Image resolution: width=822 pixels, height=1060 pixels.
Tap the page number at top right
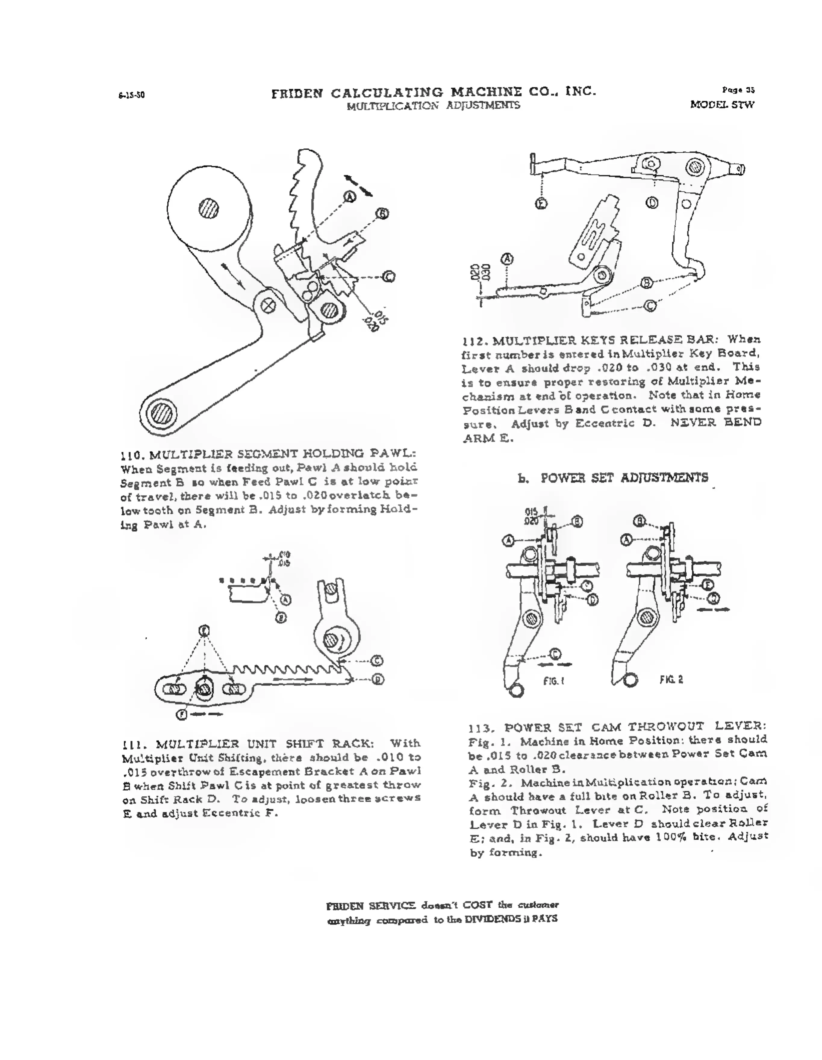[x=738, y=90]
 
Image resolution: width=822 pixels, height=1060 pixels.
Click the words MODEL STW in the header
[x=722, y=105]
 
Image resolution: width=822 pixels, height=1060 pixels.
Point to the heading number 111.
[x=132, y=744]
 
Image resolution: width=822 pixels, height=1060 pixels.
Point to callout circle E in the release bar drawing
[x=541, y=203]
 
